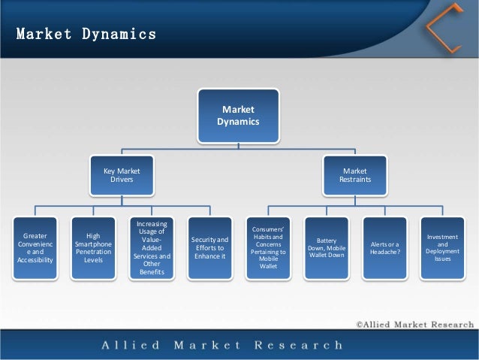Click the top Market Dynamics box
pos(238,115)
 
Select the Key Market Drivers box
pos(121,175)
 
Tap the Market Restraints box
pos(354,175)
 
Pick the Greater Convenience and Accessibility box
pos(35,247)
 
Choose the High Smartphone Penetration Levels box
pos(93,247)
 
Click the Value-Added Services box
pos(152,247)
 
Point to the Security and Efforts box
pos(209,247)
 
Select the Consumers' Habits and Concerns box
pos(268,247)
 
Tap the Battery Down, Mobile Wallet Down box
pos(326,247)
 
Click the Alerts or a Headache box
pos(384,247)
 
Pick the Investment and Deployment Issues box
pos(442,247)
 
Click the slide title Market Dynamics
pos(86,35)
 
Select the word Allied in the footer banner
pos(131,346)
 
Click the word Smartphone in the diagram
pos(93,244)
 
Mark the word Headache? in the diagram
pos(384,252)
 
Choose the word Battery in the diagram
pos(326,241)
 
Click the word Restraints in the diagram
pos(354,180)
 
